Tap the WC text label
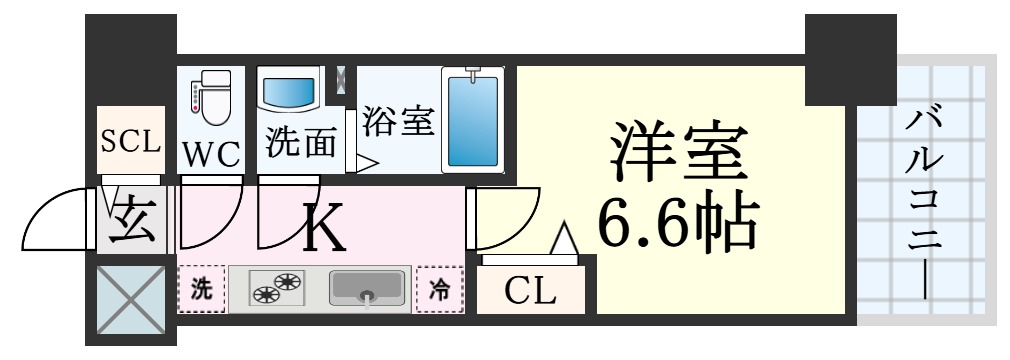pos(211,154)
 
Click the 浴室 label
pos(397,122)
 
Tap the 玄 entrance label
pos(132,221)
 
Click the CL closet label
pos(530,292)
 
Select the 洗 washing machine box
pos(202,290)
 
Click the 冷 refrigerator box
pos(440,290)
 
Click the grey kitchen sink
pos(369,289)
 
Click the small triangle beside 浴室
pos(366,161)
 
